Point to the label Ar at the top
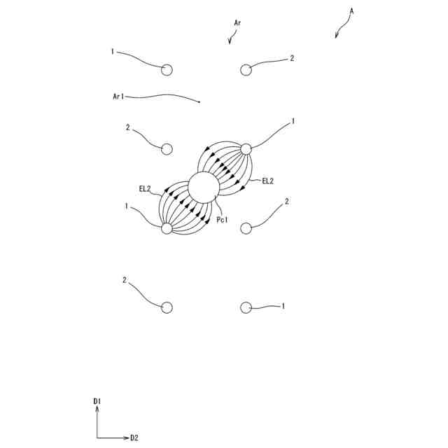pyautogui.click(x=238, y=23)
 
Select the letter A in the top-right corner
pyautogui.click(x=351, y=10)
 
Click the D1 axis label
pyautogui.click(x=97, y=401)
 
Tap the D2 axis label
pyautogui.click(x=134, y=438)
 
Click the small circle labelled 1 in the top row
pyautogui.click(x=167, y=69)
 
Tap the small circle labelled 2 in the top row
pyautogui.click(x=246, y=69)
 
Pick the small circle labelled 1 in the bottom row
pyautogui.click(x=246, y=307)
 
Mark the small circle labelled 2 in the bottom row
pyautogui.click(x=167, y=307)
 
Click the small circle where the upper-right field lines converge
pyautogui.click(x=246, y=148)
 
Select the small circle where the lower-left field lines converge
pyautogui.click(x=167, y=228)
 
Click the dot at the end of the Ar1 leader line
pyautogui.click(x=199, y=102)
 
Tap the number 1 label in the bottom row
pyautogui.click(x=283, y=307)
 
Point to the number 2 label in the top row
pyautogui.click(x=292, y=58)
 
